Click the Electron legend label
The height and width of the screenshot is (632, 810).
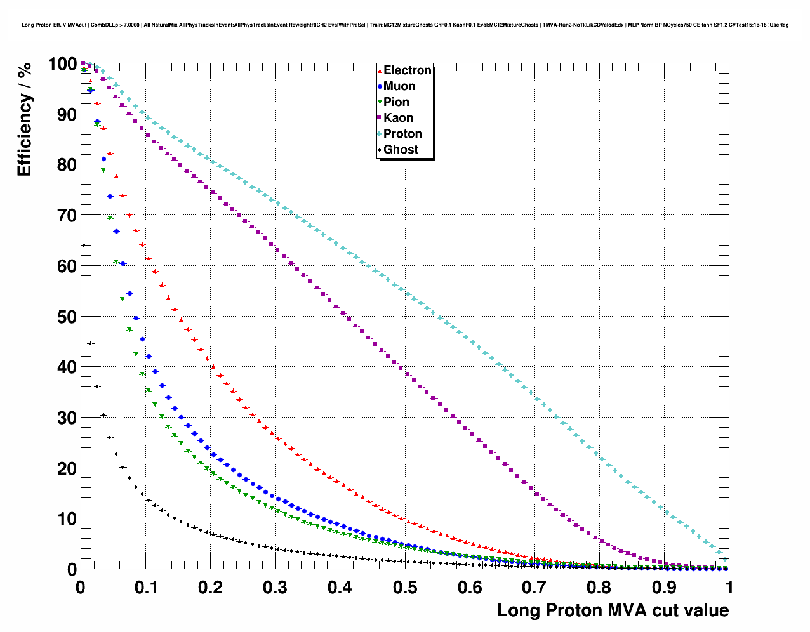point(408,70)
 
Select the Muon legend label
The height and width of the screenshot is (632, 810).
point(399,86)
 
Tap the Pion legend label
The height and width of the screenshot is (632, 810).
point(396,102)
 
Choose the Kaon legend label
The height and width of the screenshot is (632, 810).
point(398,118)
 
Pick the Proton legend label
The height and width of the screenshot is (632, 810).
point(402,134)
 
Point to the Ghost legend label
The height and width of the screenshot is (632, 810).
point(401,150)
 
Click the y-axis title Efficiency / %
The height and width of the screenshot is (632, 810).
point(24,119)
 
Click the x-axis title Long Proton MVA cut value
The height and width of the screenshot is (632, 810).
point(613,610)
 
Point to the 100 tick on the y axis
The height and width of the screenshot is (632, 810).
point(62,64)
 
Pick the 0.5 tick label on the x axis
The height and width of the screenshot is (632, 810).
point(405,588)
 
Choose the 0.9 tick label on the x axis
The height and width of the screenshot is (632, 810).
point(665,588)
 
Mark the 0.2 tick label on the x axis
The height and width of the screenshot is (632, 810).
point(210,588)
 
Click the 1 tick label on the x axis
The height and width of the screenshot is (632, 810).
point(729,588)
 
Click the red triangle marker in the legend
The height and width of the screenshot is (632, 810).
point(380,70)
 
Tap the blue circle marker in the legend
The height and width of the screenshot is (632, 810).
point(380,86)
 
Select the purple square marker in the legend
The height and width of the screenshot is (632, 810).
point(380,118)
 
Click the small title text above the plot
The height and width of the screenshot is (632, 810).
point(405,25)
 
